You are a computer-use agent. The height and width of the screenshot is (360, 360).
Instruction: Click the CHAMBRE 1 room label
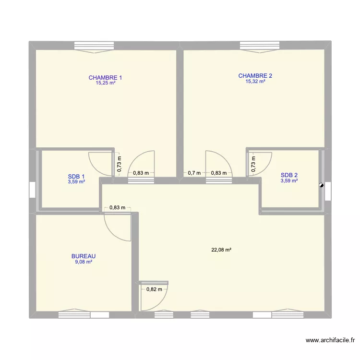[105, 77]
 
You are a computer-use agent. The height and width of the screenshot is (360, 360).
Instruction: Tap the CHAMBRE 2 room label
[255, 75]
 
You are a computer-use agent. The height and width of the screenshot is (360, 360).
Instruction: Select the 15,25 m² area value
[105, 83]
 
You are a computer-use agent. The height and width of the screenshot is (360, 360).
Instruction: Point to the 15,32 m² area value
[255, 82]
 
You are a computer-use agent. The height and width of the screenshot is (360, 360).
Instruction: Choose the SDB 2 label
[289, 175]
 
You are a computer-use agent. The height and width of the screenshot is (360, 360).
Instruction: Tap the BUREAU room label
[84, 256]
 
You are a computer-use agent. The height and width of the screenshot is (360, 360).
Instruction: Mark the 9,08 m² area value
[84, 262]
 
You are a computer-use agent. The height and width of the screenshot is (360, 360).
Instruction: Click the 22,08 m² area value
[221, 250]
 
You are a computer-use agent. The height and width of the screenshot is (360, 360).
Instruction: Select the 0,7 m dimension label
[194, 173]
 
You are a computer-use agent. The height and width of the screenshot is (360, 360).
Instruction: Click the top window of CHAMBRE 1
[95, 46]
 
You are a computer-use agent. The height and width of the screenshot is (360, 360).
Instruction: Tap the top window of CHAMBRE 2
[259, 46]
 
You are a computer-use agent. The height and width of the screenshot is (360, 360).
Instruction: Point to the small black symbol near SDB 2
[321, 185]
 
